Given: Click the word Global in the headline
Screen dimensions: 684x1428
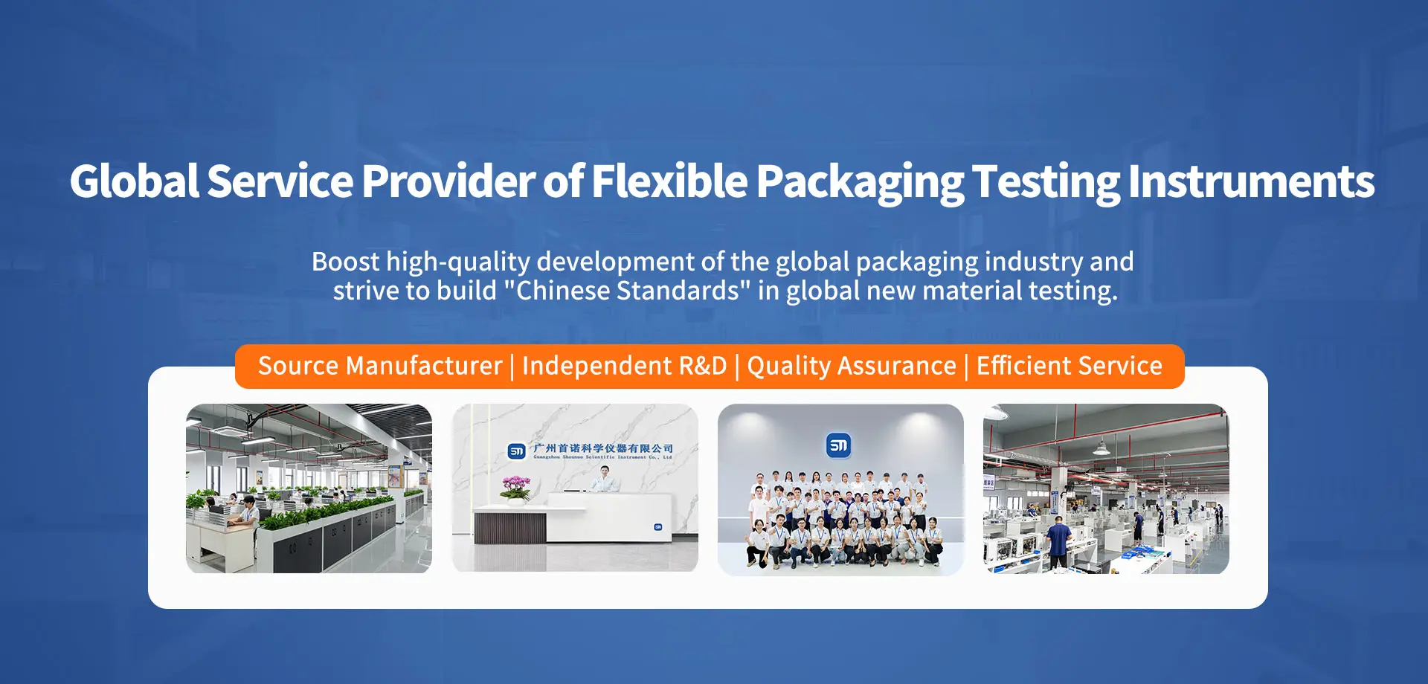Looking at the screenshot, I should click(x=134, y=181).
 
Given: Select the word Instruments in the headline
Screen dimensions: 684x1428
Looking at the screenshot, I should click(x=1251, y=181).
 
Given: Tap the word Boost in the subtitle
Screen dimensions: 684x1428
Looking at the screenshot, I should click(x=345, y=262).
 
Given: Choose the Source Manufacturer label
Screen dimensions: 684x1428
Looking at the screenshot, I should click(x=380, y=366).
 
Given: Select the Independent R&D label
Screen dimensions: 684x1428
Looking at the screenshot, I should click(x=624, y=366).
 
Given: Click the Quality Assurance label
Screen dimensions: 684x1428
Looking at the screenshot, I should click(x=852, y=366).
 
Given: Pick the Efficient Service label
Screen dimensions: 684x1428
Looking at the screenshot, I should click(x=1069, y=366).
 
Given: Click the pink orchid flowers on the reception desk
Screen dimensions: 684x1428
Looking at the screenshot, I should click(x=515, y=488).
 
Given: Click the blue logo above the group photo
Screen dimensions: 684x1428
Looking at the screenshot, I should click(x=838, y=445).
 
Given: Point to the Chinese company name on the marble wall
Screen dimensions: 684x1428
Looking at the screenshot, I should click(x=603, y=448).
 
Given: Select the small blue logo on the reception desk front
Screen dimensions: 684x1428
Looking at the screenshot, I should click(x=657, y=527).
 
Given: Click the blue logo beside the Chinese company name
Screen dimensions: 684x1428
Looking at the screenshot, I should click(x=516, y=451).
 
